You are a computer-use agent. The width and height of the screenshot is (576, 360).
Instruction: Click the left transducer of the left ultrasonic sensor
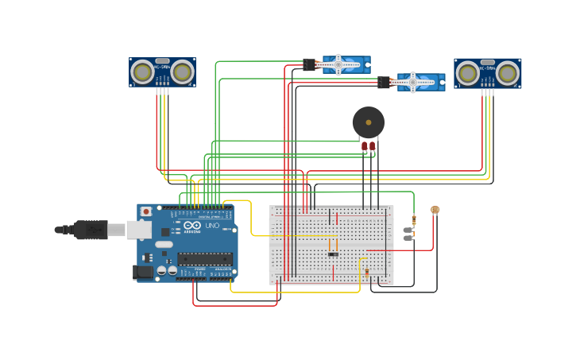[x=143, y=72]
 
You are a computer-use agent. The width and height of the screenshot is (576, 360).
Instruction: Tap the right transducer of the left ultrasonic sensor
[x=182, y=72]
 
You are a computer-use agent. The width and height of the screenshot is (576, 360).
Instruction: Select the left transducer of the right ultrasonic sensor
[x=468, y=73]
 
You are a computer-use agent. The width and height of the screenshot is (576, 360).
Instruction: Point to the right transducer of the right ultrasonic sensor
[x=507, y=73]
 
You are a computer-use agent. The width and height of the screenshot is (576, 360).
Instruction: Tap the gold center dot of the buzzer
[x=369, y=122]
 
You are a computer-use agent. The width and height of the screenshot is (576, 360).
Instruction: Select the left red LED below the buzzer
[x=365, y=146]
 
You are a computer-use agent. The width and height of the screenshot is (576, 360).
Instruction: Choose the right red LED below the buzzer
[x=372, y=146]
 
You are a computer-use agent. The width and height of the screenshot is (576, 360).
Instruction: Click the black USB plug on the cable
[x=91, y=230]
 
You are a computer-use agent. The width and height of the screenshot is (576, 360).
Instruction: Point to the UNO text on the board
[x=212, y=226]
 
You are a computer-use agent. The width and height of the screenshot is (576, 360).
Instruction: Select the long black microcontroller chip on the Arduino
[x=205, y=258]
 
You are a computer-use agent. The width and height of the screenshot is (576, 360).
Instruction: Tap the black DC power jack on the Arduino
[x=143, y=272]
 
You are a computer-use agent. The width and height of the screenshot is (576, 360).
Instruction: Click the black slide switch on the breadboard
[x=333, y=254]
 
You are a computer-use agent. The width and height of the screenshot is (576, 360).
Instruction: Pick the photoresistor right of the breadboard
[x=435, y=210]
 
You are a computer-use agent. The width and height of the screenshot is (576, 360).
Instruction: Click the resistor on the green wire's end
[x=413, y=221]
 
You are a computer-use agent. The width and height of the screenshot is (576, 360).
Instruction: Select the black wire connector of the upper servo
[x=308, y=64]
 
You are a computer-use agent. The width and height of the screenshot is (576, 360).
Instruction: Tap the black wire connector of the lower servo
[x=384, y=81]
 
